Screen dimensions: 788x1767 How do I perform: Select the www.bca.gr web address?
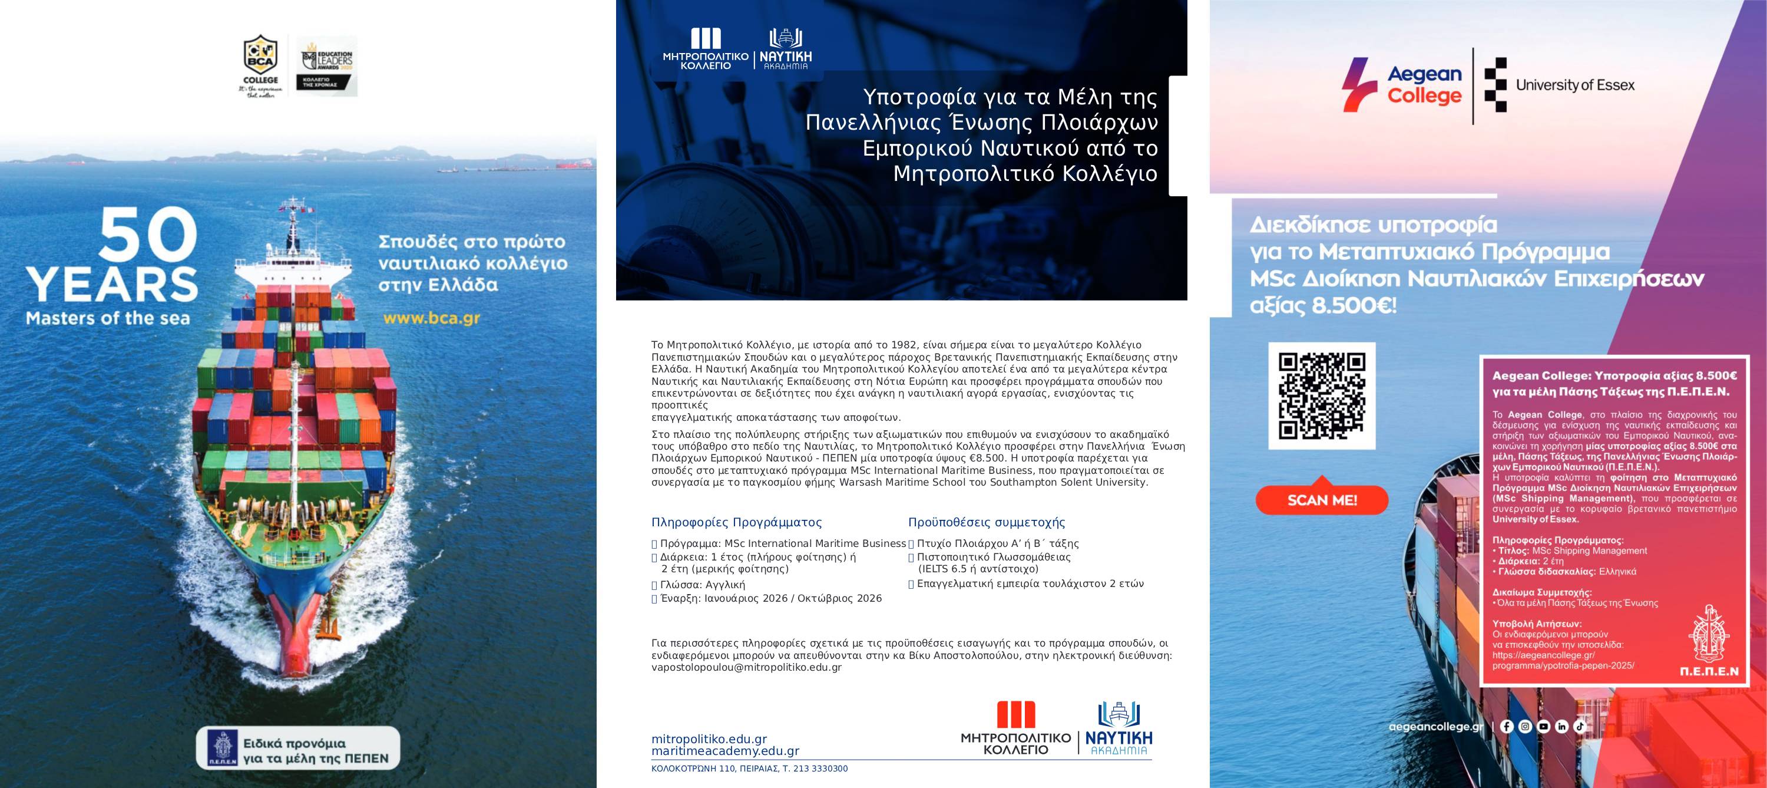pos(431,318)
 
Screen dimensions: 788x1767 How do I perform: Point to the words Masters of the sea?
pos(108,318)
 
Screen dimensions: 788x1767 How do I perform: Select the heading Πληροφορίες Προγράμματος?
pos(736,522)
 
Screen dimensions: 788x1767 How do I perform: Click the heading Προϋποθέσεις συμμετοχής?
pos(987,522)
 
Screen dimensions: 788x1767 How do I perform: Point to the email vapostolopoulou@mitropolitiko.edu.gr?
pos(746,667)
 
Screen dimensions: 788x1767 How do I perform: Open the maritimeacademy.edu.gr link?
pos(725,751)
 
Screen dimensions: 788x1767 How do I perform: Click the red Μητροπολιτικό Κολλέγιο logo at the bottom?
pos(1015,728)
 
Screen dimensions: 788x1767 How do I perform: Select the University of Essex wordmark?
pos(1575,85)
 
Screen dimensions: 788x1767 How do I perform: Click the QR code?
pos(1322,395)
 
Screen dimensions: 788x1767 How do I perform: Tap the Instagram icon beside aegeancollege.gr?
pos(1525,726)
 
